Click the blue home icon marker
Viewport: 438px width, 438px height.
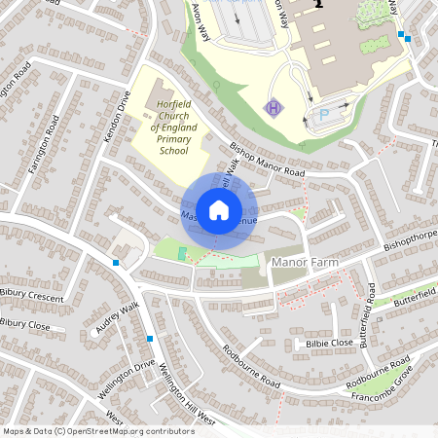coord(219,209)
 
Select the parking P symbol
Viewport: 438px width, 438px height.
coord(325,115)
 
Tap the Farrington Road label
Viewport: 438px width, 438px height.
coord(45,144)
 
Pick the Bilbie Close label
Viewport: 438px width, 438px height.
coord(328,343)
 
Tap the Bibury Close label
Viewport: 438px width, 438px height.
coord(25,323)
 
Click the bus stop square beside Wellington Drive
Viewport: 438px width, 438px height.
coord(150,338)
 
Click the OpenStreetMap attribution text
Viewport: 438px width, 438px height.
coord(97,431)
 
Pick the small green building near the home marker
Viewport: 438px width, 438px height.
coord(182,253)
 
